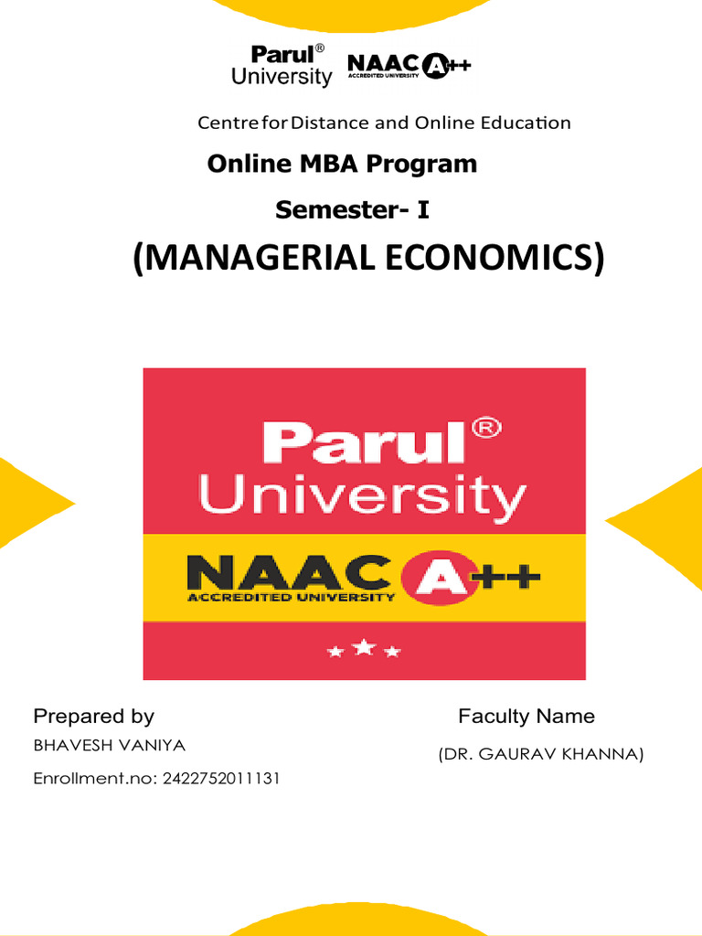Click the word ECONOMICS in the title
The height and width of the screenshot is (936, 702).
[x=493, y=259]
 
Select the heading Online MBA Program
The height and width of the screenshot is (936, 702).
[x=342, y=164]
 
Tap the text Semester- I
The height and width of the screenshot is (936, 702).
[x=352, y=210]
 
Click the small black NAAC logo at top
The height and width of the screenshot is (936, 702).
[x=409, y=67]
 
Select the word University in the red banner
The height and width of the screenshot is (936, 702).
[x=362, y=497]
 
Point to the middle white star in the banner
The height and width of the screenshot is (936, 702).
[x=364, y=648]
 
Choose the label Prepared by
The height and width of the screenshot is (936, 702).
[x=93, y=716]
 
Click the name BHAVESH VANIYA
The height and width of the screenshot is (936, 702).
[x=109, y=745]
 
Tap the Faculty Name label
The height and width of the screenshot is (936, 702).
[x=526, y=716]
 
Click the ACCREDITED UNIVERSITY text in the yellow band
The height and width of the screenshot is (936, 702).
[x=291, y=598]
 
